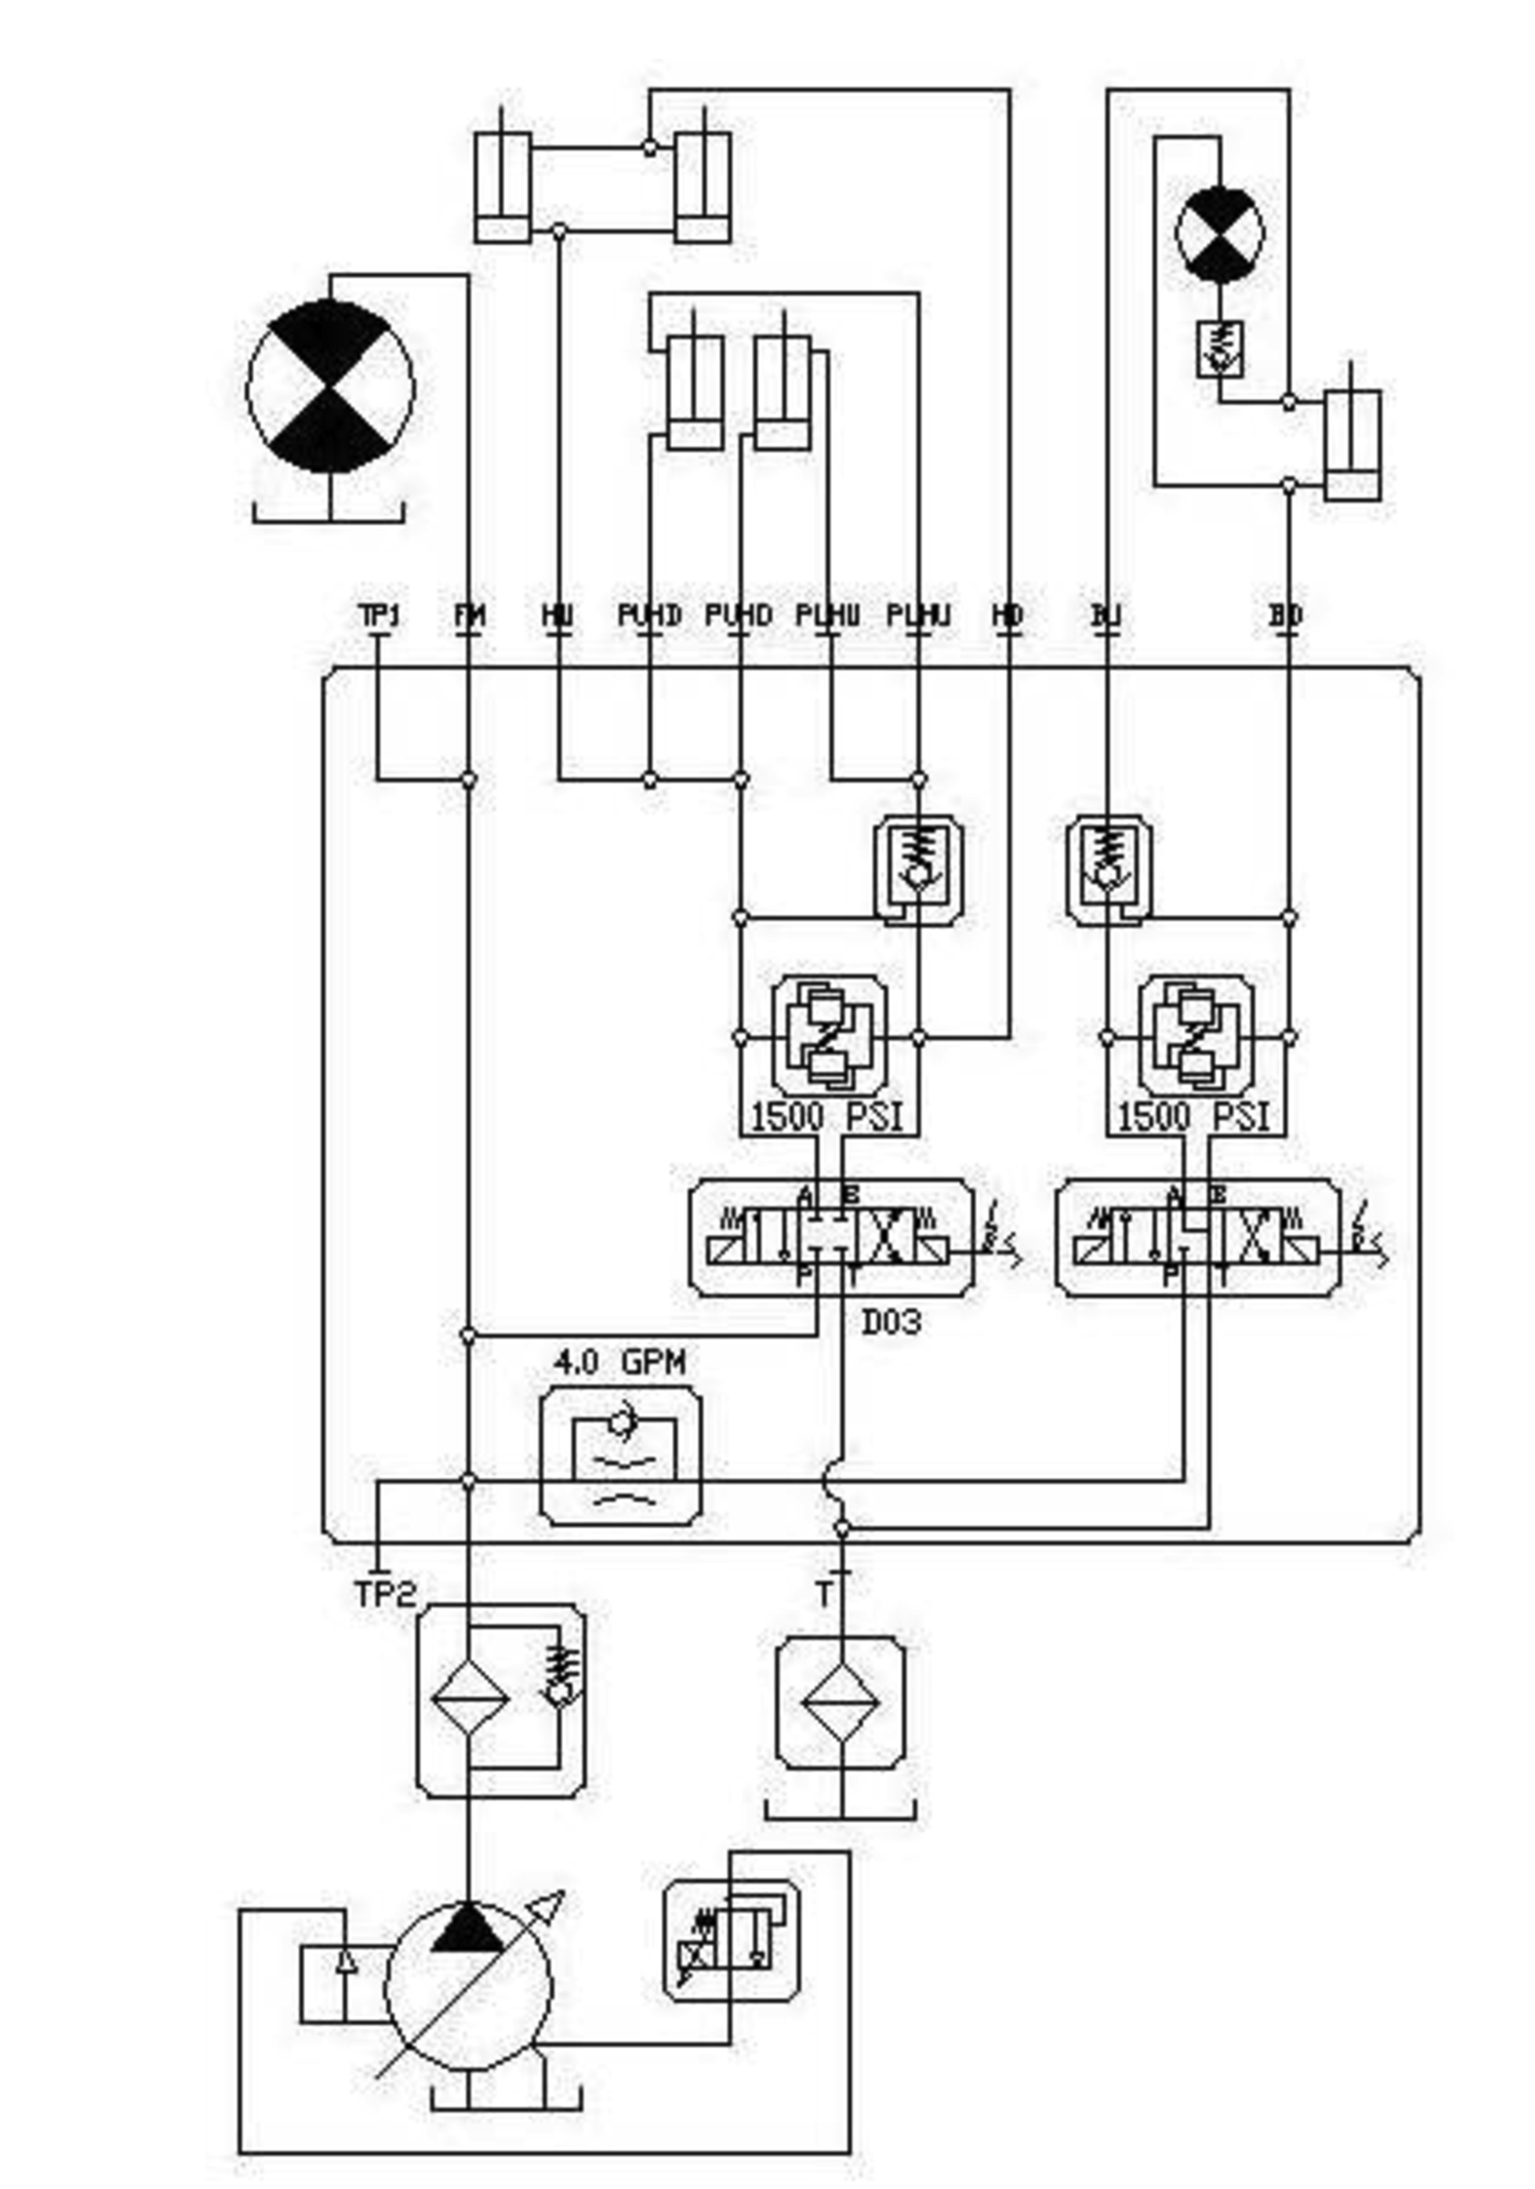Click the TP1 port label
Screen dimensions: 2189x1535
[379, 616]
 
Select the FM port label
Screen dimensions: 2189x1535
[470, 616]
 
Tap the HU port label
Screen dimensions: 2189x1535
[557, 616]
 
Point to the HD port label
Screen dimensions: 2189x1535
[1007, 616]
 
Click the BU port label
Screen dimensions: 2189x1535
[1105, 616]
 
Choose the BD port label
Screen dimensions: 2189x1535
[1285, 616]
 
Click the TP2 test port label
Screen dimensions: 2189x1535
[385, 1593]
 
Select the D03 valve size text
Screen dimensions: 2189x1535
[892, 1323]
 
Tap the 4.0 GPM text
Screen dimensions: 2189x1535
[620, 1363]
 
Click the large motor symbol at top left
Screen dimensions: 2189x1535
[331, 388]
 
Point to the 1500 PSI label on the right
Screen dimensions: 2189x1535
[1194, 1117]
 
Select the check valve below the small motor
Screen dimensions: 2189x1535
[1219, 349]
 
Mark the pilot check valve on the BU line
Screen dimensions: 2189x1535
[1108, 869]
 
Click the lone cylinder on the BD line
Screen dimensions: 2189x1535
[1353, 445]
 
